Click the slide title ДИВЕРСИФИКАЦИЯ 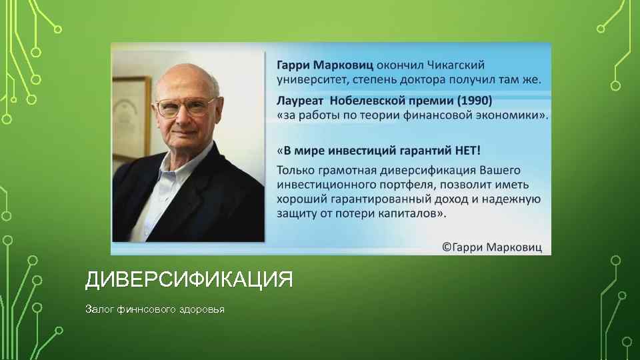coord(189,279)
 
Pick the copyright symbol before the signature coord(447,247)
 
